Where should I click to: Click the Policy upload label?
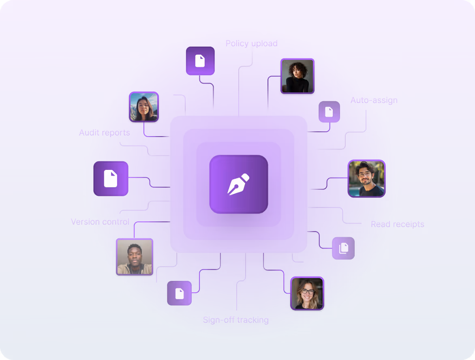[x=251, y=43]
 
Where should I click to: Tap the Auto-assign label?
[x=374, y=100]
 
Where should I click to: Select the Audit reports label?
[x=105, y=133]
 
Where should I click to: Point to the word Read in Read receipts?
[x=380, y=224]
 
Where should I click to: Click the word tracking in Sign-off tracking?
[x=252, y=320]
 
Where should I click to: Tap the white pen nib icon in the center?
[x=238, y=184]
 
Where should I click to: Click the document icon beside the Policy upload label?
[x=200, y=61]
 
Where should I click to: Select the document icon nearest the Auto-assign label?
[x=329, y=111]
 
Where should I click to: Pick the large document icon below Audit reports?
[x=110, y=179]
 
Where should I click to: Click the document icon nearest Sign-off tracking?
[x=179, y=293]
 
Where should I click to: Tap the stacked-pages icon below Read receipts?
[x=344, y=248]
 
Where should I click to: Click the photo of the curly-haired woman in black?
[x=297, y=76]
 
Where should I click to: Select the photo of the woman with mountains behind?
[x=144, y=107]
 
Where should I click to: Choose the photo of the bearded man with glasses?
[x=366, y=179]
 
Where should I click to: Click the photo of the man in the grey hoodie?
[x=135, y=257]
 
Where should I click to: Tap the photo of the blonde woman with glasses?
[x=307, y=293]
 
